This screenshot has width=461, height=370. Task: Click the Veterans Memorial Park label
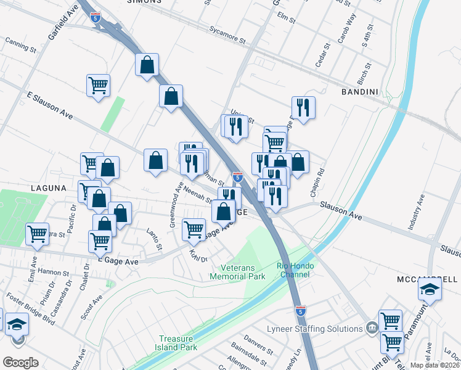pos(244,272)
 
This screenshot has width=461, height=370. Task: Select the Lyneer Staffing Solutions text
pos(314,329)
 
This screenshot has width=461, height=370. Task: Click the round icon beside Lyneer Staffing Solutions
pos(370,328)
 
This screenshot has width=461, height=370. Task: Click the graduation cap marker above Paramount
pos(430,289)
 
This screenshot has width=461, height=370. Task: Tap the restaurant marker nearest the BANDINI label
pos(303,109)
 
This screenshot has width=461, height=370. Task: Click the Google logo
pos(20,363)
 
